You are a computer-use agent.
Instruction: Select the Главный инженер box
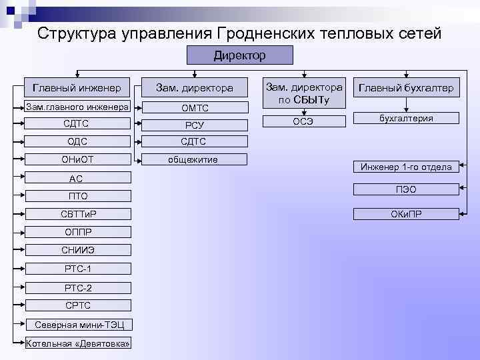[x=77, y=87]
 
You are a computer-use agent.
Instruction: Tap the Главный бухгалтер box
[x=406, y=87]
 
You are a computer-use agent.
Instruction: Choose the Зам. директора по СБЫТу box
[x=304, y=94]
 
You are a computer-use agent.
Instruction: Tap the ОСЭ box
[x=304, y=121]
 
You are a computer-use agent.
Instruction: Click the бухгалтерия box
[x=406, y=118]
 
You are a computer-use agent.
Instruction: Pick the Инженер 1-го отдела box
[x=406, y=167]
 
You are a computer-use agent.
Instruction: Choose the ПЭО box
[x=406, y=190]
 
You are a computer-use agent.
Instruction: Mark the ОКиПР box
[x=406, y=214]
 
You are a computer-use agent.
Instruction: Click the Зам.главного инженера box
[x=77, y=107]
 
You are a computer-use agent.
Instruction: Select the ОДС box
[x=77, y=141]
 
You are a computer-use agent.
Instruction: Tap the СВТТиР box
[x=77, y=214]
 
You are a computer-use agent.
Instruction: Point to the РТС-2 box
[x=77, y=287]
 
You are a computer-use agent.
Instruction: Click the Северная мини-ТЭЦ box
[x=77, y=325]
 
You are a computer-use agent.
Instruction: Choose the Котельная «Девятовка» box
[x=77, y=343]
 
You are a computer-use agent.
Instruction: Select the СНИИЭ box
[x=77, y=251]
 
